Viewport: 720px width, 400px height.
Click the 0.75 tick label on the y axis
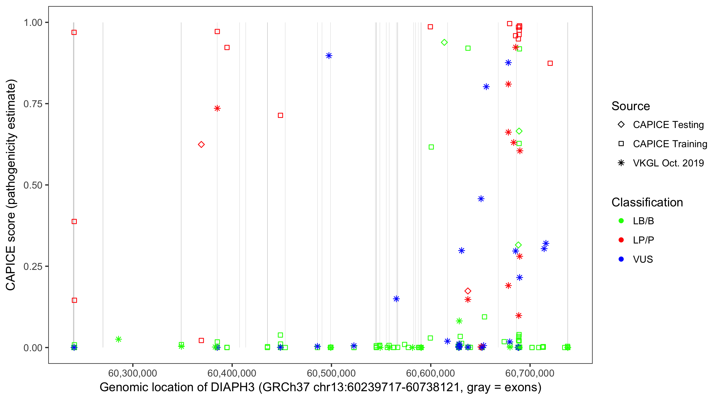click(x=33, y=104)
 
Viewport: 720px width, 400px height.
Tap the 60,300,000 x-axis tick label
click(x=133, y=373)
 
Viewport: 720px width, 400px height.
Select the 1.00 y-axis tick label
click(x=33, y=22)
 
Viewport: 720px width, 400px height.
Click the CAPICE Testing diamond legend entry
click(x=621, y=125)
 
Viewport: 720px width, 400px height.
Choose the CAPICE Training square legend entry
click(x=621, y=144)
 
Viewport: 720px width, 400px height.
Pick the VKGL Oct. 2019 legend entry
click(x=621, y=163)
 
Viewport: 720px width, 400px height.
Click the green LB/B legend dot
click(x=621, y=221)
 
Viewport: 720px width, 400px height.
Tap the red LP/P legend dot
click(x=621, y=240)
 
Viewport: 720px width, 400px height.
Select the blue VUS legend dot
click(x=621, y=259)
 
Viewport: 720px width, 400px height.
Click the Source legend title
click(x=631, y=106)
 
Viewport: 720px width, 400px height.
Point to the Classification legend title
click(x=647, y=202)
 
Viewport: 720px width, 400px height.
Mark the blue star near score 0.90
click(x=329, y=56)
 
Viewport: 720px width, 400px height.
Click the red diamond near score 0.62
click(x=201, y=145)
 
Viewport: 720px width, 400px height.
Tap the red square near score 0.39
click(x=74, y=222)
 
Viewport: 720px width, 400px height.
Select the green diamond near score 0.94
click(x=444, y=42)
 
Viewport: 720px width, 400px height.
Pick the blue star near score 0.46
click(x=481, y=199)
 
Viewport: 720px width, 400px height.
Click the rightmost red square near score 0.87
click(x=550, y=63)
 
